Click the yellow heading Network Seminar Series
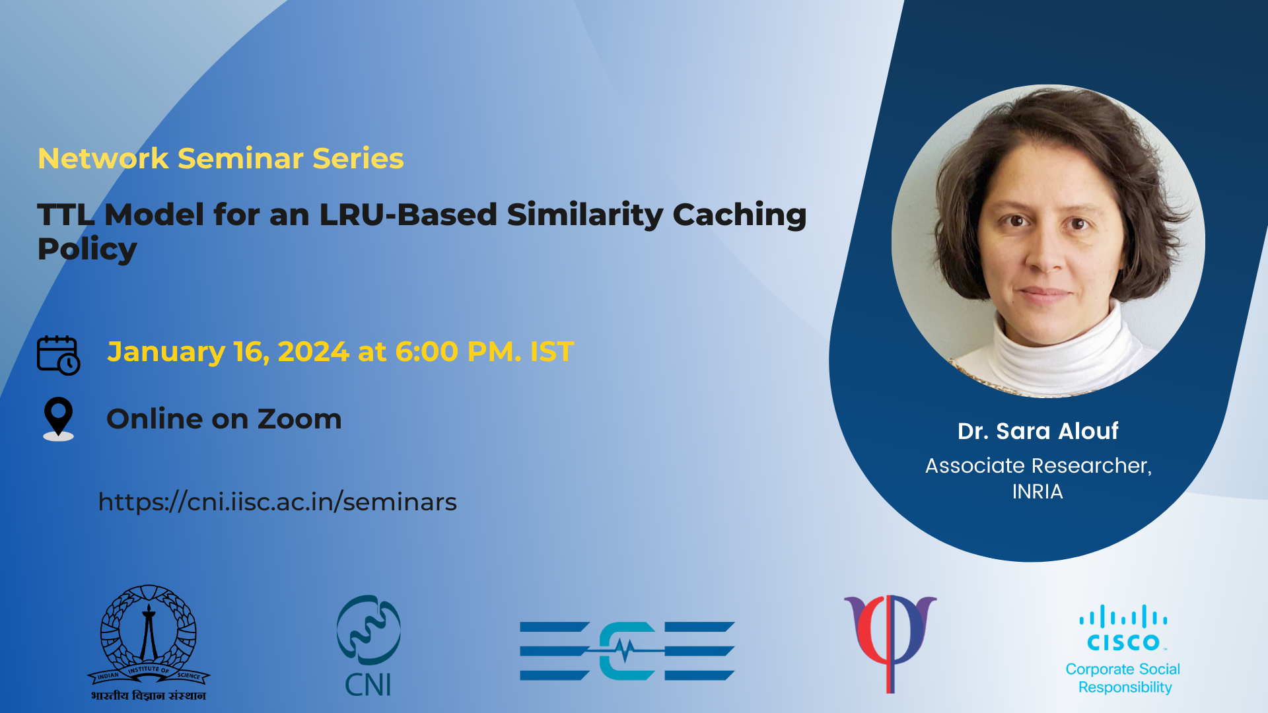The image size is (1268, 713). click(x=221, y=158)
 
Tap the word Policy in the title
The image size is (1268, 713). click(x=87, y=250)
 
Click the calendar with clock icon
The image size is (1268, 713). click(x=58, y=355)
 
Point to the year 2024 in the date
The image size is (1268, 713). click(x=313, y=352)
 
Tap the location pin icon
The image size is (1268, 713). click(x=58, y=419)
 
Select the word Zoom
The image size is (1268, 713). click(x=299, y=419)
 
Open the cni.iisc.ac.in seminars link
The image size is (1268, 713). click(x=277, y=502)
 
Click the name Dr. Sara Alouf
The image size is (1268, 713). click(x=1038, y=431)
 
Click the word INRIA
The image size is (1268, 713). click(x=1038, y=492)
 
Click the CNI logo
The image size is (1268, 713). click(x=369, y=646)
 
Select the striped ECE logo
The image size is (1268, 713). click(x=627, y=651)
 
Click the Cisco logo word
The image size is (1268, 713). click(x=1123, y=642)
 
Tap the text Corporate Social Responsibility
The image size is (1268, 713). click(x=1123, y=678)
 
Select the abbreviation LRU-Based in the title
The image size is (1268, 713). click(x=408, y=216)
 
